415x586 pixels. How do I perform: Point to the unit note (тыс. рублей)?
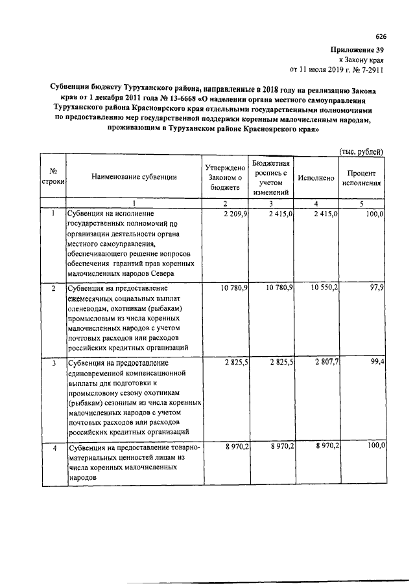[362, 152]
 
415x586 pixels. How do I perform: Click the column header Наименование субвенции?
[134, 176]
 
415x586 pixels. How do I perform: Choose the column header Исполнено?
[316, 177]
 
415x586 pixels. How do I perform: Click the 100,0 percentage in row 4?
[375, 447]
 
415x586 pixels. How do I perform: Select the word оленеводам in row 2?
[88, 308]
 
